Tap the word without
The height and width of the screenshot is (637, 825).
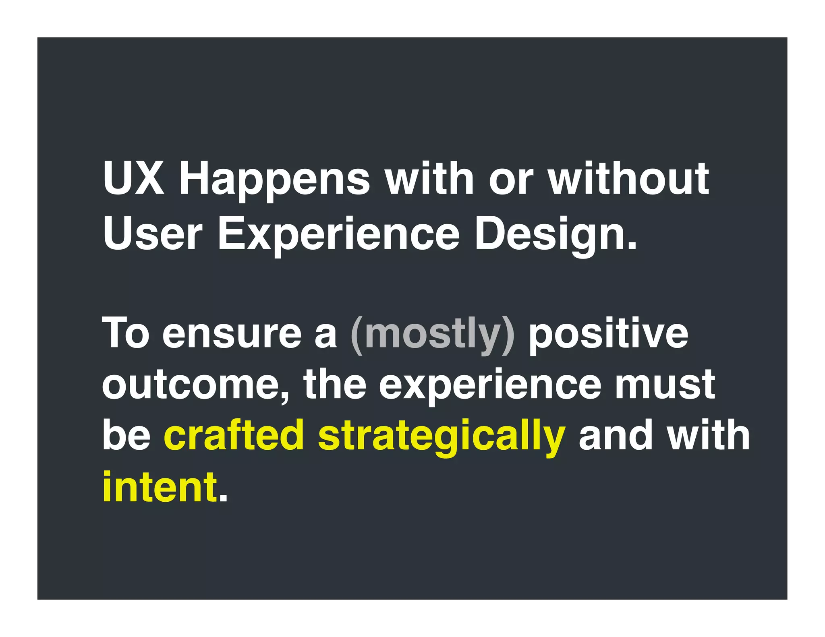(x=628, y=178)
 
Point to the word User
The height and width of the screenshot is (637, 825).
(x=152, y=234)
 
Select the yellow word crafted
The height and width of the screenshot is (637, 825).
(x=234, y=435)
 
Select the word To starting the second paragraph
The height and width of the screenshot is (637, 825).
(x=126, y=333)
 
